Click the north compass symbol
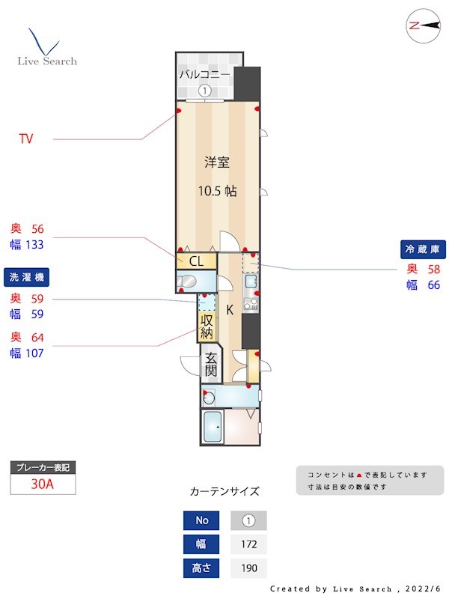[x=424, y=25]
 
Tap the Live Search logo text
[x=47, y=61]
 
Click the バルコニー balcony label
[x=204, y=74]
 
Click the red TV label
[x=26, y=139]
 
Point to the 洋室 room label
[x=217, y=162]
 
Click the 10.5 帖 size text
[x=217, y=191]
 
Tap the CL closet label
[x=196, y=261]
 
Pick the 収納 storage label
[x=207, y=325]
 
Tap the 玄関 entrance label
[x=211, y=364]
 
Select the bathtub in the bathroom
[x=213, y=428]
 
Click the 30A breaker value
[x=43, y=484]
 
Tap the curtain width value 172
[x=248, y=544]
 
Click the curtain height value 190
[x=248, y=568]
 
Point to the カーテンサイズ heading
[x=224, y=492]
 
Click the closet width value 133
[x=35, y=245]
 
